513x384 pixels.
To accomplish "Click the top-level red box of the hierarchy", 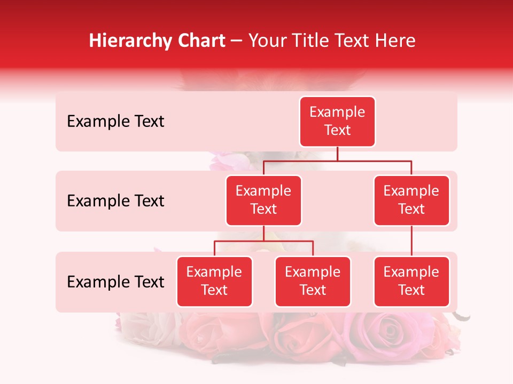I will [337, 121].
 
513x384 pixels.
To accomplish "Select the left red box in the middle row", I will [263, 200].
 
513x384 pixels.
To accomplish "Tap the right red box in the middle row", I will [411, 200].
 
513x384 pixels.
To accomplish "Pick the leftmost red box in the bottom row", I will [214, 281].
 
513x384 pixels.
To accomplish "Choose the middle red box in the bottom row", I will [313, 281].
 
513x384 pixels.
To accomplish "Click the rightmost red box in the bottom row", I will [411, 281].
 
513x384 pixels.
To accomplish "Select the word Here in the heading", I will [396, 41].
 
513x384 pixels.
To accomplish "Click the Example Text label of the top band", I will [115, 122].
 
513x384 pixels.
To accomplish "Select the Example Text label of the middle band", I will [115, 201].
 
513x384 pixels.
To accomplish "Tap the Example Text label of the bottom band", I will [115, 282].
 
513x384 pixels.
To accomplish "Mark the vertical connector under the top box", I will [337, 154].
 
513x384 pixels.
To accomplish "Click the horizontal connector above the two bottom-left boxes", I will [263, 241].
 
